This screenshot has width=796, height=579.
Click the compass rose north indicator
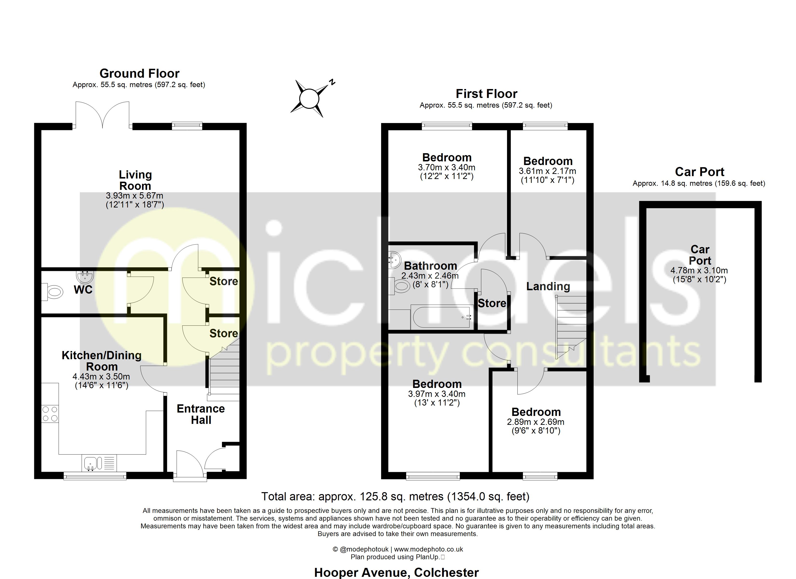point(332,83)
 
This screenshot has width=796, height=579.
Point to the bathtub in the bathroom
point(441,317)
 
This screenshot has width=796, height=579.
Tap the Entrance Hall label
point(201,414)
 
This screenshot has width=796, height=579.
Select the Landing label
point(548,287)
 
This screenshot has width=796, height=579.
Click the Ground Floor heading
point(139,73)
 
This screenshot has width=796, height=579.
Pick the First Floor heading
point(487,94)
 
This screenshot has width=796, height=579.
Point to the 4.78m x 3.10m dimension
point(699,271)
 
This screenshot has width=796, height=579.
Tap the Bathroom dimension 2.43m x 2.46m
point(430,276)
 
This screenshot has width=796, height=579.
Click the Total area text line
point(395,496)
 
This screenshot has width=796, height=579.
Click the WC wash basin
point(85,277)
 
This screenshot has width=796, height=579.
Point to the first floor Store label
point(492,303)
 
